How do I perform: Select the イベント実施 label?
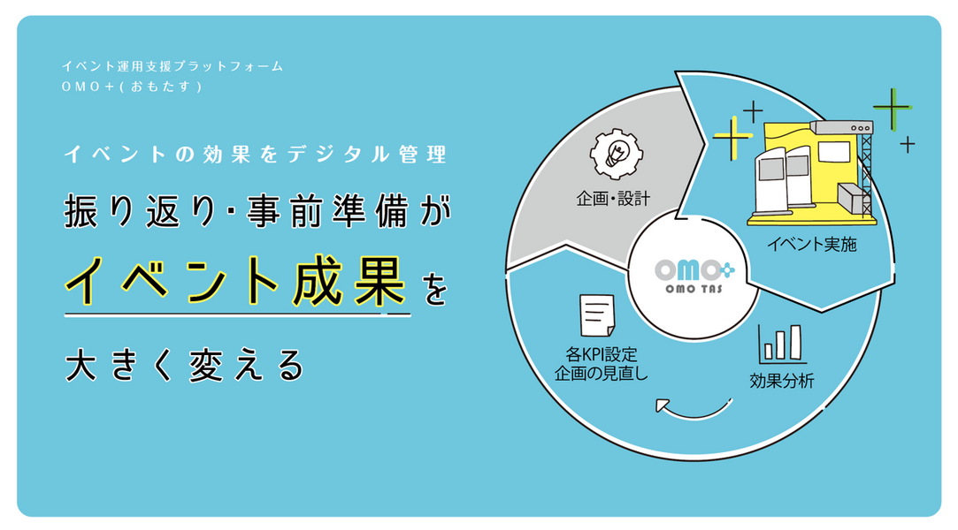[x=812, y=244]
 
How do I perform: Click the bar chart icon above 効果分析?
[x=781, y=344]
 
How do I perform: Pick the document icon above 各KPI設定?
[x=596, y=315]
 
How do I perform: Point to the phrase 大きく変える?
[x=185, y=364]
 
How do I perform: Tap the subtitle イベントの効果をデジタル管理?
[x=255, y=155]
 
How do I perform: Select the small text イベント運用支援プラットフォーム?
[x=172, y=67]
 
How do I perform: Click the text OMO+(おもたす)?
[x=133, y=87]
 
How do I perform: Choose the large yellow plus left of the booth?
[x=732, y=138]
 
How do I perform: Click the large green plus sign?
[x=892, y=110]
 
